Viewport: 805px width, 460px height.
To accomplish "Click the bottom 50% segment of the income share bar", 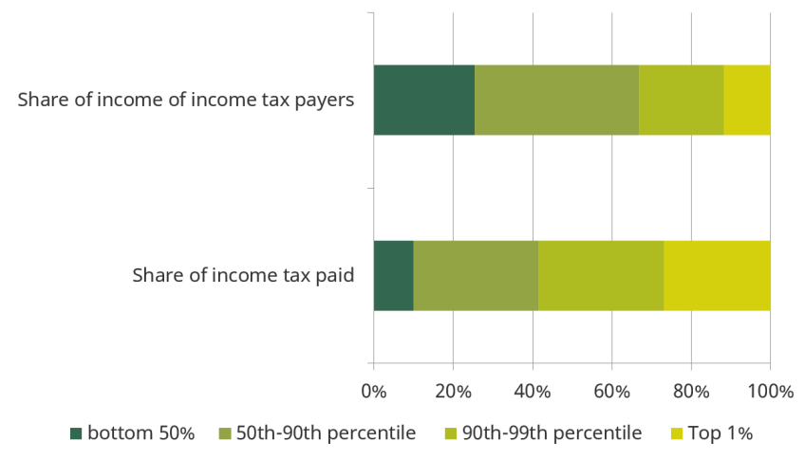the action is click(424, 100).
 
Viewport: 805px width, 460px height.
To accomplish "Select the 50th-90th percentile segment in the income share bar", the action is click(557, 100).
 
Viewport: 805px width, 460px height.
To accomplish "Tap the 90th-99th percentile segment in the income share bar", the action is click(682, 100).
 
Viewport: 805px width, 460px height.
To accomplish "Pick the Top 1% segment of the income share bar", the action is click(747, 100).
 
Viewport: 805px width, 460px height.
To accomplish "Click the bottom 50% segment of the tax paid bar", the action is click(394, 275).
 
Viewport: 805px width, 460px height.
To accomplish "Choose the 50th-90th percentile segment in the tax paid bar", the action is click(476, 275).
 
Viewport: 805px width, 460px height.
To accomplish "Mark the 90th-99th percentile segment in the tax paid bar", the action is click(601, 275).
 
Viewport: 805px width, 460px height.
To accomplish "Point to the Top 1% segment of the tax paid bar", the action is click(718, 275).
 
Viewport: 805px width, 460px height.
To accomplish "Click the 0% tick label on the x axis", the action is click(374, 392).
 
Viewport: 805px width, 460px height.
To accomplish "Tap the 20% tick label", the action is click(453, 392).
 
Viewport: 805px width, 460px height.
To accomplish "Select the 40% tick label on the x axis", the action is click(533, 392).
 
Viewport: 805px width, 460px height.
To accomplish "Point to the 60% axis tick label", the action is click(611, 392).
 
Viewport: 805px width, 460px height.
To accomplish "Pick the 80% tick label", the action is click(691, 392).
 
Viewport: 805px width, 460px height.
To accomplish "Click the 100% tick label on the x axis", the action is click(770, 392).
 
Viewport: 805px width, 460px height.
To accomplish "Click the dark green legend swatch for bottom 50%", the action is click(76, 433).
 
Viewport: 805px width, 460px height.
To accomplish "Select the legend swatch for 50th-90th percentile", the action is click(225, 433).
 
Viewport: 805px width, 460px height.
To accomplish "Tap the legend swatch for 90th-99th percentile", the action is click(451, 433).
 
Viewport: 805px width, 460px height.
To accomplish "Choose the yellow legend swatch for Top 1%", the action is click(677, 433).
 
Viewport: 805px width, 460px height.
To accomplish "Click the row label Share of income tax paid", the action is click(243, 275).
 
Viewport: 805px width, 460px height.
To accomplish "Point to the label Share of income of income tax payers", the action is click(186, 100).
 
